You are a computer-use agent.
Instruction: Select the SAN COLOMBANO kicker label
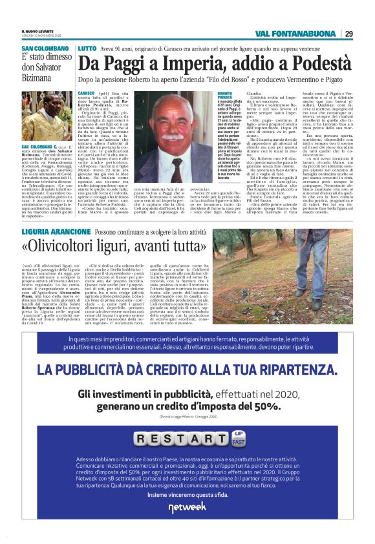click(45, 48)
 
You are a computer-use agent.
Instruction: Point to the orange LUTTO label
click(87, 48)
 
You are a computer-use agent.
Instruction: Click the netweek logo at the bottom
click(187, 508)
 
